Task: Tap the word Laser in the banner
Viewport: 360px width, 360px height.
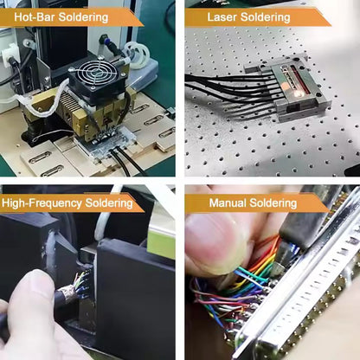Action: (225, 16)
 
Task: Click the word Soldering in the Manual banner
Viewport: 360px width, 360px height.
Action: (273, 203)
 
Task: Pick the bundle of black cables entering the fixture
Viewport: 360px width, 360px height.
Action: (225, 87)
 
